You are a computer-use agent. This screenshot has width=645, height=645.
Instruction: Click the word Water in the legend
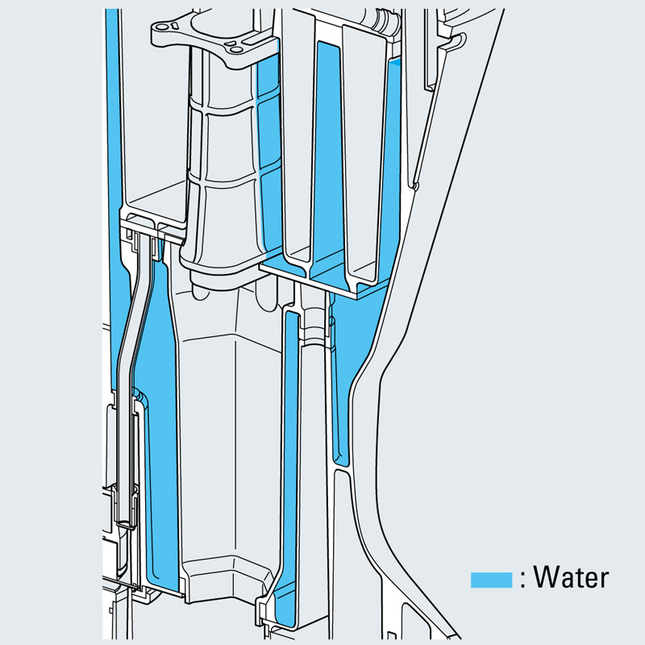pos(571,577)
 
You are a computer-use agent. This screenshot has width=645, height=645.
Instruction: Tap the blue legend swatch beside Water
pos(491,580)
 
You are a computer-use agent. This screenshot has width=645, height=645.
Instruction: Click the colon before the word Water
pos(522,579)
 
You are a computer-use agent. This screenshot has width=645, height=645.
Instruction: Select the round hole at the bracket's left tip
pos(162,27)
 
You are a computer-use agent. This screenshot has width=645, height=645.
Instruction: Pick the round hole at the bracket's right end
pos(236,50)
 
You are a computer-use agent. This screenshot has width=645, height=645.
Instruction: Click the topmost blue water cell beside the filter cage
pos(268,78)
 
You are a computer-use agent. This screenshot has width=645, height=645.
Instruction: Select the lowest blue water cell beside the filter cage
pos(273,210)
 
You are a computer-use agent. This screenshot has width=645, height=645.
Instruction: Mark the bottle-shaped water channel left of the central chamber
pos(161,411)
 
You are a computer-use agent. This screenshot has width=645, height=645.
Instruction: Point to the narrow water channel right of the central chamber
pos(290,465)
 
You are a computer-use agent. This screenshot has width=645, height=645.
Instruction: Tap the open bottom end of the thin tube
pos(126,524)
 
